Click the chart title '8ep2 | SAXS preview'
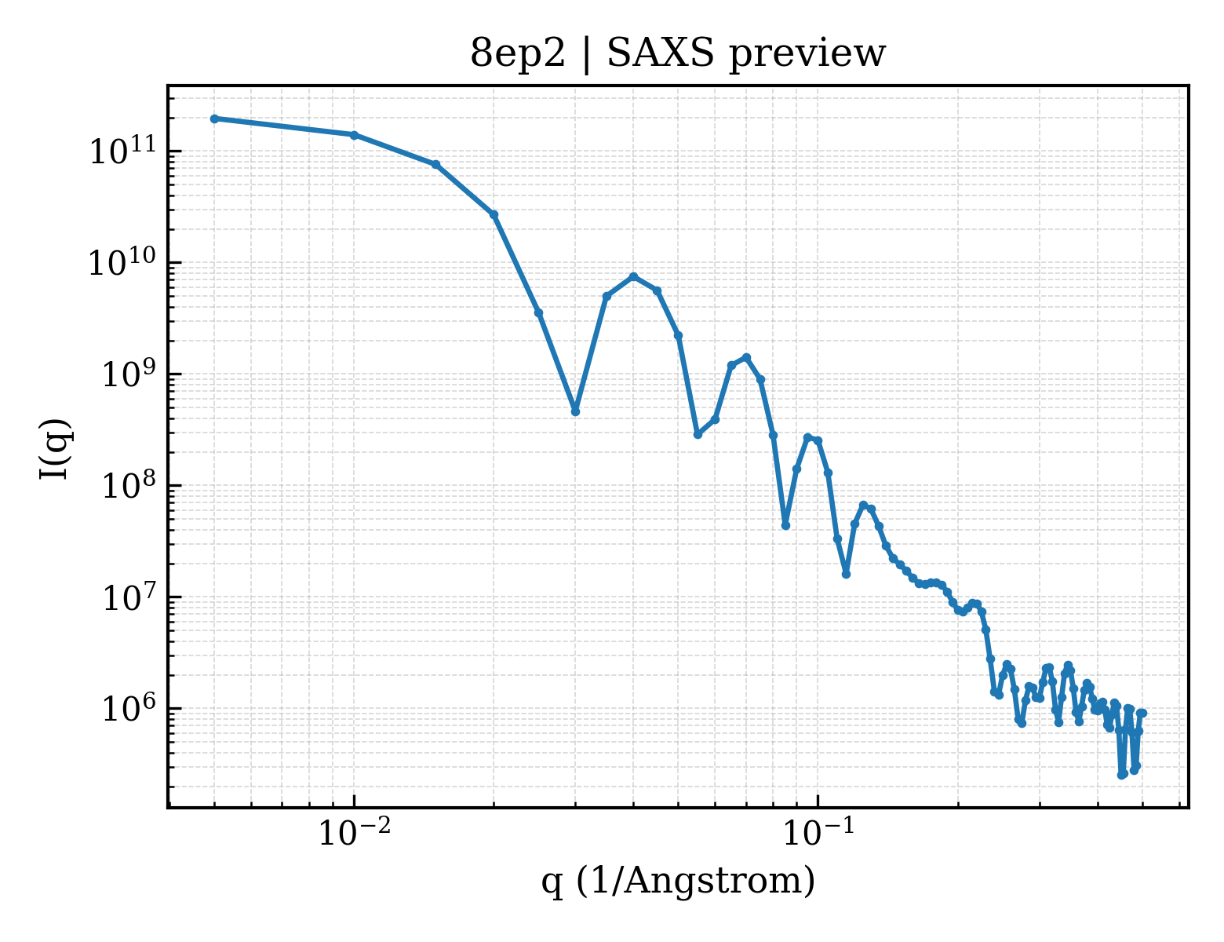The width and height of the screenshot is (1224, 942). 678,55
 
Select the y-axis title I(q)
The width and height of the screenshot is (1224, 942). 55,449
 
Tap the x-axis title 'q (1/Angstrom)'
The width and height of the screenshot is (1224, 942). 678,882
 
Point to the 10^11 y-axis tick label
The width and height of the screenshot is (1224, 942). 123,150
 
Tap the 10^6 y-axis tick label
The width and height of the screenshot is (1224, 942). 129,707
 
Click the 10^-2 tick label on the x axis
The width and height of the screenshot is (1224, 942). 355,832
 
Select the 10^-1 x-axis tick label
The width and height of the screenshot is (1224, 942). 818,832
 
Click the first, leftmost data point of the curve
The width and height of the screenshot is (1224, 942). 215,119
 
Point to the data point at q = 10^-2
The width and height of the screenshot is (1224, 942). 355,135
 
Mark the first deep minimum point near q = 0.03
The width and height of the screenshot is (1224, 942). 575,412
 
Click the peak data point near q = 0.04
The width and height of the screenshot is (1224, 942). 633,276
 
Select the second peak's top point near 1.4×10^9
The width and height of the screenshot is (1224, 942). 747,357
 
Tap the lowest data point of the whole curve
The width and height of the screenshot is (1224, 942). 1121,776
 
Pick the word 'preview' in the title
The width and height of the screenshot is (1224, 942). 807,56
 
